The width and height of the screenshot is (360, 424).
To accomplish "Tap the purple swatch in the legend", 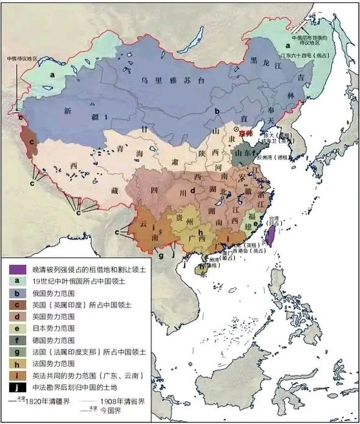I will (x=17, y=269).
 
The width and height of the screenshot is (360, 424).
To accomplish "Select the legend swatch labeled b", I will (x=17, y=293).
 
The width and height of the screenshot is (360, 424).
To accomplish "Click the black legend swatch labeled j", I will (x=17, y=387).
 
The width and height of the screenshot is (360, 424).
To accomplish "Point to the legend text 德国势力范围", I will (x=53, y=340).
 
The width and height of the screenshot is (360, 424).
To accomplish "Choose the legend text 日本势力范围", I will (x=53, y=328).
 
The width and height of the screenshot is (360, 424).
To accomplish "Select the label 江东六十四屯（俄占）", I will (x=303, y=56).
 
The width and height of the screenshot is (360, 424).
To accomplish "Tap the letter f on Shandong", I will (x=253, y=153).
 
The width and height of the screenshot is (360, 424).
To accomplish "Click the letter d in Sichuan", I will (x=193, y=190).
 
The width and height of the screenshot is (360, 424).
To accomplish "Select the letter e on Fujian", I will (x=255, y=224).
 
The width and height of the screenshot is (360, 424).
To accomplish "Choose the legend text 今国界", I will (x=111, y=411).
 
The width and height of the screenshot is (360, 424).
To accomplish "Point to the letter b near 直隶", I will (x=217, y=111).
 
